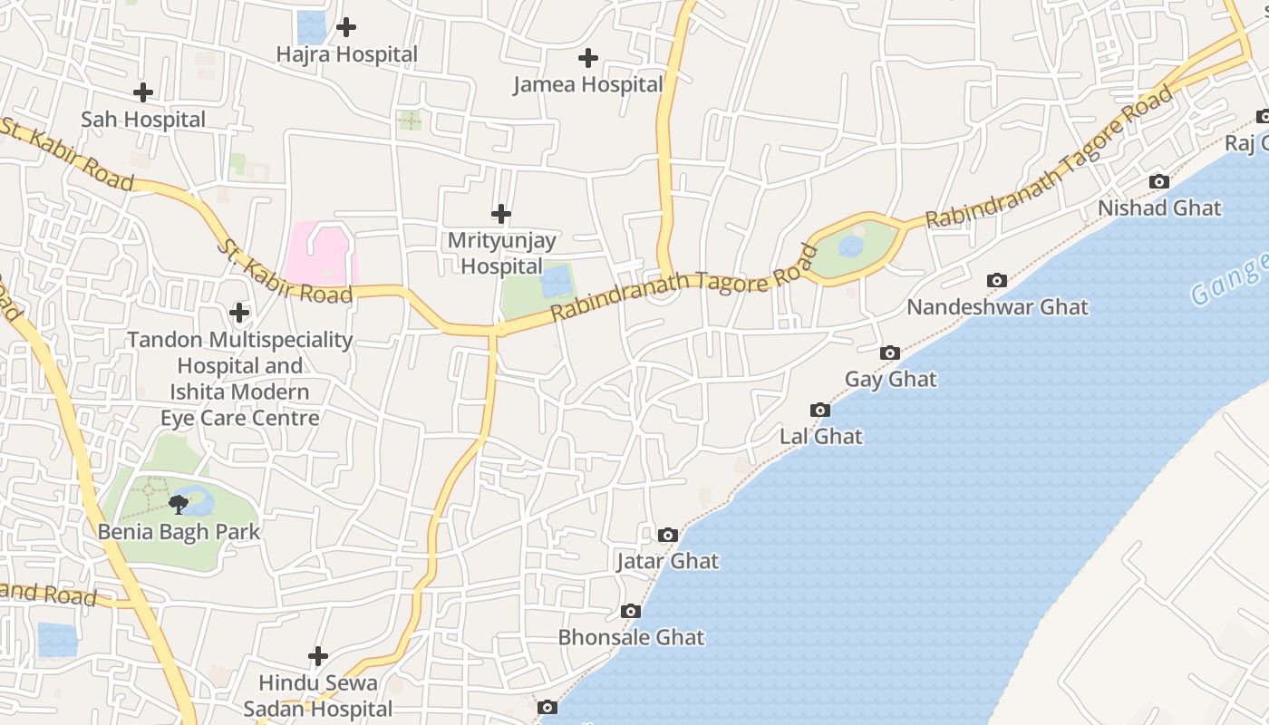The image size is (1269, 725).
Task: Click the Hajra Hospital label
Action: [x=347, y=54]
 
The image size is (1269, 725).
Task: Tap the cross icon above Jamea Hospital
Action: [x=588, y=58]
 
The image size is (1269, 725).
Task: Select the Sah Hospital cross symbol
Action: [x=143, y=92]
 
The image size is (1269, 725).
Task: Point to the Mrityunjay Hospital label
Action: [x=501, y=254]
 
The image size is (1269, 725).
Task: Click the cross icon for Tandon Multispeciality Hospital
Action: [x=239, y=313]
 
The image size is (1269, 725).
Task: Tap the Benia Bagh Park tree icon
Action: [x=179, y=504]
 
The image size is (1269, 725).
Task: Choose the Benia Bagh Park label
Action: [x=179, y=532]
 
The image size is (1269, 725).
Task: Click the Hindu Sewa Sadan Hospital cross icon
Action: [x=318, y=655]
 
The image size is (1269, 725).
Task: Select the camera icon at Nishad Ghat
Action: [x=1158, y=181]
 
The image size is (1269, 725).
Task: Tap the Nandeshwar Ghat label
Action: [x=997, y=307]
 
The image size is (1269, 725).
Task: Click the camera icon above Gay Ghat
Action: [x=890, y=353]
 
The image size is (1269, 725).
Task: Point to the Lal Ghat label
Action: [x=821, y=437]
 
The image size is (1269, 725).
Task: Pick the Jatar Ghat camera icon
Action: [x=668, y=535]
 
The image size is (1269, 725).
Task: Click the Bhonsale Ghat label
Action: [x=631, y=637]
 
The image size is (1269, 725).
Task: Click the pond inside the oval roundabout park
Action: [x=850, y=246]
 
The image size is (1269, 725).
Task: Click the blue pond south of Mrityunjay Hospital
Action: [x=556, y=281]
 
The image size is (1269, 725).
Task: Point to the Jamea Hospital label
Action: [x=588, y=85]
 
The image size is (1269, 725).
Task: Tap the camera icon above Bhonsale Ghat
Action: [x=631, y=612]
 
